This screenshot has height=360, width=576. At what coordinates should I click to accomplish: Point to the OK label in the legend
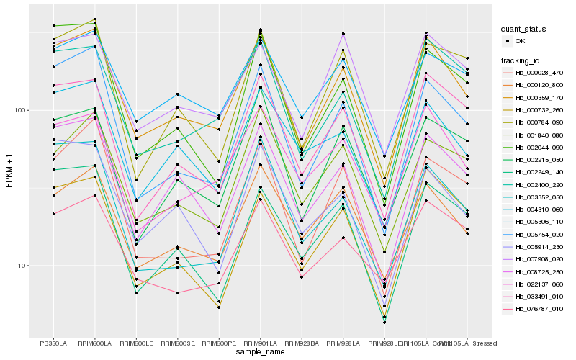tap(521, 41)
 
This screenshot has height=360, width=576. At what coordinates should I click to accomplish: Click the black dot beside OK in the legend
tap(508, 41)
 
